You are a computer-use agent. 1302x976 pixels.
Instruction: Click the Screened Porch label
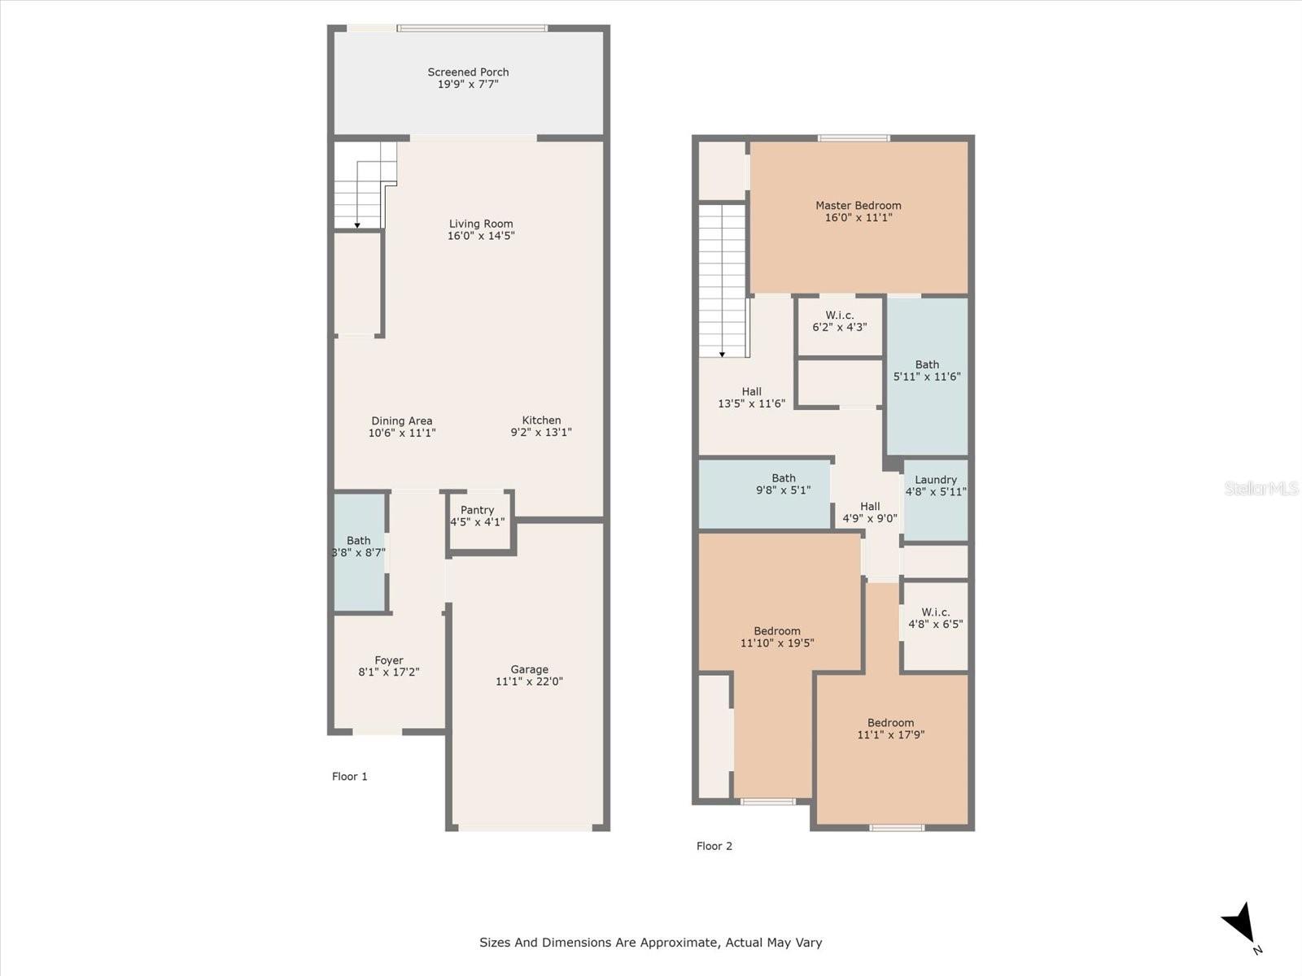pyautogui.click(x=468, y=72)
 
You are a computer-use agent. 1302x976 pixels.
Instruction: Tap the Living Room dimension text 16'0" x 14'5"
pyautogui.click(x=481, y=237)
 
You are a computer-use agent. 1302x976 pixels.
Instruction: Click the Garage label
pyautogui.click(x=529, y=669)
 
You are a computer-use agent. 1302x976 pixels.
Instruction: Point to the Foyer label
pyautogui.click(x=389, y=660)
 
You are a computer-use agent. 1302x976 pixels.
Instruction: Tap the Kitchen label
pyautogui.click(x=541, y=420)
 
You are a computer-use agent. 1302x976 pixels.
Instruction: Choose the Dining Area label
pyautogui.click(x=402, y=420)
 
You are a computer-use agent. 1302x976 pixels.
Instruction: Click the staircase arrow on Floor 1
pyautogui.click(x=357, y=224)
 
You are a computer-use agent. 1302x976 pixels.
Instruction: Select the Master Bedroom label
pyautogui.click(x=859, y=206)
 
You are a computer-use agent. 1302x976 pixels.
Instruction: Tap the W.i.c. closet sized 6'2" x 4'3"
pyautogui.click(x=840, y=322)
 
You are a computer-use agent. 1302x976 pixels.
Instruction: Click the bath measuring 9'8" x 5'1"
pyautogui.click(x=783, y=485)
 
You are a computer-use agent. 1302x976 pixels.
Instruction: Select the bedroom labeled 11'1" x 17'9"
pyautogui.click(x=890, y=729)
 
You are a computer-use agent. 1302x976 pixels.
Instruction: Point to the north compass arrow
pyautogui.click(x=1240, y=926)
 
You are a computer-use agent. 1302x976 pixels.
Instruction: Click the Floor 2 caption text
pyautogui.click(x=714, y=846)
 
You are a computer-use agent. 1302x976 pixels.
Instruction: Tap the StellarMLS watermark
pyautogui.click(x=1260, y=488)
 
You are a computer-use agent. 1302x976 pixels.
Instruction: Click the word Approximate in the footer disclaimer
pyautogui.click(x=679, y=943)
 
